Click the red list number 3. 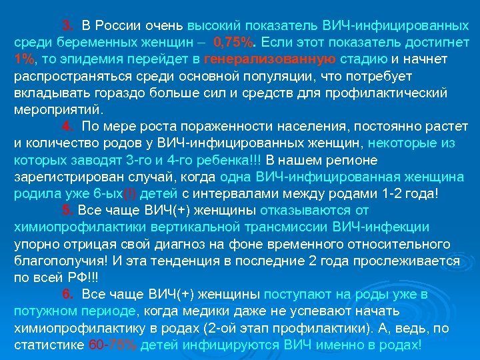(x=67, y=26)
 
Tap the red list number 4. (x=67, y=126)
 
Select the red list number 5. (x=67, y=210)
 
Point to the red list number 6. (x=67, y=294)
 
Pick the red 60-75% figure (x=112, y=345)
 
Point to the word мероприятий (x=56, y=109)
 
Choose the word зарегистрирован (x=63, y=177)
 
